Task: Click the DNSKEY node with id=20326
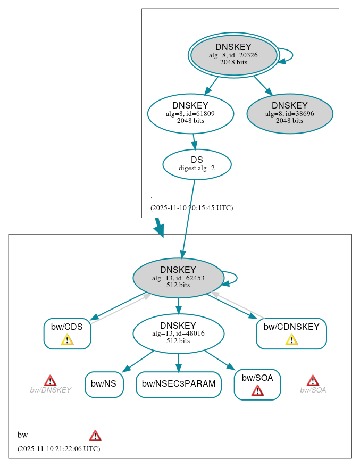[233, 55]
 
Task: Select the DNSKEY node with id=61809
[190, 113]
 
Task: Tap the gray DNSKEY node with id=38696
[289, 113]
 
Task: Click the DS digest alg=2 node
[197, 164]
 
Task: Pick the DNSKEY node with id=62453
[178, 278]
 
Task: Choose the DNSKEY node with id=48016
[178, 333]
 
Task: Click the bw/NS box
[104, 384]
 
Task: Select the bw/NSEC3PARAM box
[178, 384]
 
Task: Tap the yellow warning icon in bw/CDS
[67, 340]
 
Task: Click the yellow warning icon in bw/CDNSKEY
[291, 340]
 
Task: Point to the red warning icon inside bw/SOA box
[257, 391]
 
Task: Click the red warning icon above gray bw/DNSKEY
[50, 380]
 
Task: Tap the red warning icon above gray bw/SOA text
[313, 380]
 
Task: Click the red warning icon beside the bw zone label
[95, 436]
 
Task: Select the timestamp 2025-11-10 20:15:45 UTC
[191, 208]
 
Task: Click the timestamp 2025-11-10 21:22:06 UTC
[58, 448]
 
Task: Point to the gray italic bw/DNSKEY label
[51, 390]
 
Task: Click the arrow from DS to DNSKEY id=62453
[188, 218]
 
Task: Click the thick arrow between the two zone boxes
[159, 228]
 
